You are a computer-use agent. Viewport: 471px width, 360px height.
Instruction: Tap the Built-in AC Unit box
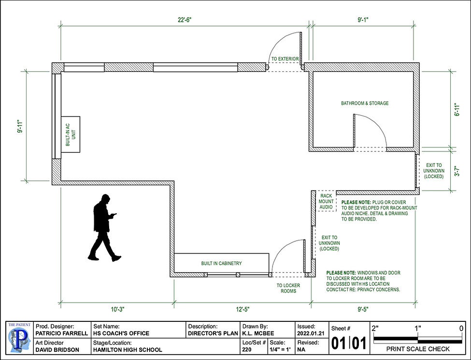pyautogui.click(x=70, y=134)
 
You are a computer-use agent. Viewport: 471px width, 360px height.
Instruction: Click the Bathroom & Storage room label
pyautogui.click(x=365, y=103)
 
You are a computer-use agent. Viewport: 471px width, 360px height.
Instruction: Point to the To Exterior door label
pyautogui.click(x=285, y=59)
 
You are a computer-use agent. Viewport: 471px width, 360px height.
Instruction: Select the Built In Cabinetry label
pyautogui.click(x=221, y=263)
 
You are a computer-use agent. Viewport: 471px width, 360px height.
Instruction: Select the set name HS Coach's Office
pyautogui.click(x=121, y=333)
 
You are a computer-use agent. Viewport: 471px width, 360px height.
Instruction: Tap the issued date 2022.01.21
pyautogui.click(x=307, y=333)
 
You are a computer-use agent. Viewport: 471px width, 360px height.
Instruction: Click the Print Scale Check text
pyautogui.click(x=418, y=349)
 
